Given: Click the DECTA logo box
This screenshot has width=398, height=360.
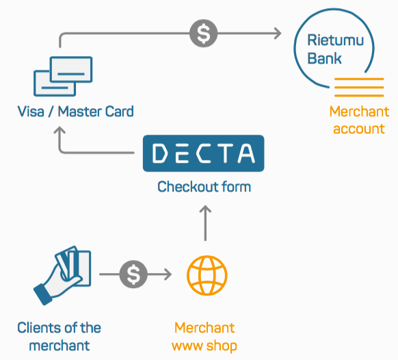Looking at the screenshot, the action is tap(204, 153).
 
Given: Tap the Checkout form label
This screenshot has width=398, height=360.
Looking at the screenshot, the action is tap(204, 187).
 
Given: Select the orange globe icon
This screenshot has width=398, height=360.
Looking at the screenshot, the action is tap(207, 275).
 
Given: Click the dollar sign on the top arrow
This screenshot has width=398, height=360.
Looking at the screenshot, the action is tap(203, 34).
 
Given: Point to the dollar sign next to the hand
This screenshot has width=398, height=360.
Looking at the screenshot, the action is tap(133, 274).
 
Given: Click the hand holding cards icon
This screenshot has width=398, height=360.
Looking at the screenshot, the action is tap(62, 275).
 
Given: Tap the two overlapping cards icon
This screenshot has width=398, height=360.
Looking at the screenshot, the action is tap(63, 76).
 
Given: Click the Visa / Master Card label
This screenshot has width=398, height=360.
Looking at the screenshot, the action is tap(75, 112).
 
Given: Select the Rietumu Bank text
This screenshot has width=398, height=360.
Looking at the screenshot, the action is tap(336, 49).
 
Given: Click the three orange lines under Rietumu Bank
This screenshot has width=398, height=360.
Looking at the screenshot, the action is tap(359, 88).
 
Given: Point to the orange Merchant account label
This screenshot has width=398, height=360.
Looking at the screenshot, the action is tap(359, 120).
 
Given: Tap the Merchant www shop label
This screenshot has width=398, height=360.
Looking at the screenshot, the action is tap(204, 337).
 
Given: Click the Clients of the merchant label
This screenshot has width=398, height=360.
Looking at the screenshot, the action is tap(59, 336).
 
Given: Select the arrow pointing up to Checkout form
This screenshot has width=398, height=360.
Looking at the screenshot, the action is tap(205, 223).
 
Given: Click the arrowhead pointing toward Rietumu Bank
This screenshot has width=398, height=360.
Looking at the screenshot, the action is tap(278, 34).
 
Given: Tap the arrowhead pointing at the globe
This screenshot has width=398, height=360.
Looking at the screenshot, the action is tap(168, 274).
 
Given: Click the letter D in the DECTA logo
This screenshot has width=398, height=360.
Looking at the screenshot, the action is tap(159, 153).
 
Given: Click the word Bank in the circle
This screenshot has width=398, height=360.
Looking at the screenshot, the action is tap(324, 58).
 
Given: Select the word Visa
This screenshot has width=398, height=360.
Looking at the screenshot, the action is tap(31, 112).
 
